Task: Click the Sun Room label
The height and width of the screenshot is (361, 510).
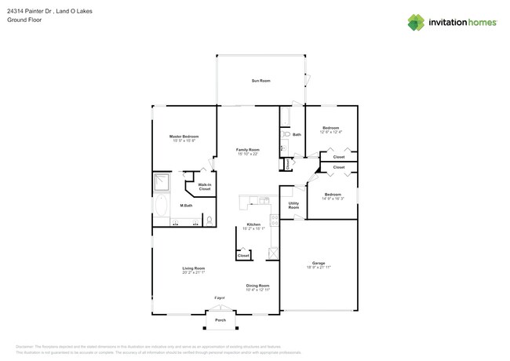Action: pyautogui.click(x=260, y=81)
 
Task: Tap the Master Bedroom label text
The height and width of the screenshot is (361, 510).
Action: pyautogui.click(x=184, y=137)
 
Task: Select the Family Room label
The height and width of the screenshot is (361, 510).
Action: pyautogui.click(x=248, y=149)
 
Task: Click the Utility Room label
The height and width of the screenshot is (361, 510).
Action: pyautogui.click(x=293, y=205)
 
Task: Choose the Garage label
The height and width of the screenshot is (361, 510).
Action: pyautogui.click(x=319, y=263)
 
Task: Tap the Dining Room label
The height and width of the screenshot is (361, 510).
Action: pyautogui.click(x=257, y=286)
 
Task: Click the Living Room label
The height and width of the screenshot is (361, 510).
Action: pyautogui.click(x=194, y=268)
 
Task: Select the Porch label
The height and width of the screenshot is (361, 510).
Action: pyautogui.click(x=220, y=320)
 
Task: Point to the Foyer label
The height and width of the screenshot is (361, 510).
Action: pyautogui.click(x=220, y=297)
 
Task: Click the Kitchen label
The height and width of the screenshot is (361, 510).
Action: pyautogui.click(x=253, y=224)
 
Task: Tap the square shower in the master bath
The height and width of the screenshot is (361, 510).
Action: pyautogui.click(x=162, y=183)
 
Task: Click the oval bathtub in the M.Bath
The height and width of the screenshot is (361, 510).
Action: pyautogui.click(x=162, y=206)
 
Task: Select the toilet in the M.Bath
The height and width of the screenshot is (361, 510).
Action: pyautogui.click(x=209, y=220)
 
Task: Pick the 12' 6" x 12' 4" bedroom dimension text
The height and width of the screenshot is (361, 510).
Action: pyautogui.click(x=330, y=132)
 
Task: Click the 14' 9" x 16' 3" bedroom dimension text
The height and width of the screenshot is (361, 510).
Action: pyautogui.click(x=333, y=199)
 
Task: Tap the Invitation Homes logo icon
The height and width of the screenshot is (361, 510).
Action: pyautogui.click(x=416, y=23)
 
